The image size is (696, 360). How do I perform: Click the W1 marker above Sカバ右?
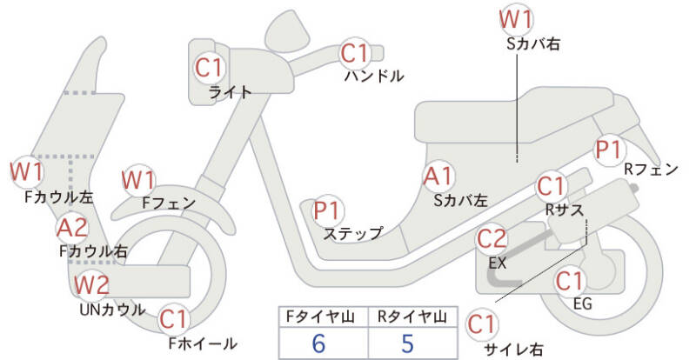pyautogui.click(x=517, y=19)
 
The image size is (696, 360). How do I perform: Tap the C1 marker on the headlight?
pyautogui.click(x=210, y=66)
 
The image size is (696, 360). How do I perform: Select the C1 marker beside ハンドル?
pyautogui.click(x=356, y=54)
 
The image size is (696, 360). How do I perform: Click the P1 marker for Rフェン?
pyautogui.click(x=608, y=149)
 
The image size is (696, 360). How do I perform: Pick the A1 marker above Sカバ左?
pyautogui.click(x=438, y=177)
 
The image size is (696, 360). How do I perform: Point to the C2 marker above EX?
pyautogui.click(x=492, y=239)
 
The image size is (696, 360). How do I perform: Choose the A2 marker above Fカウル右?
pyautogui.click(x=72, y=229)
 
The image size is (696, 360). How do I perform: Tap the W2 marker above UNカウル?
pyautogui.click(x=91, y=284)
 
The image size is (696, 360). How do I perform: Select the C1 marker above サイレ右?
pyautogui.click(x=483, y=325)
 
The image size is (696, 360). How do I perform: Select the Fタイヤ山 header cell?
pyautogui.click(x=318, y=317)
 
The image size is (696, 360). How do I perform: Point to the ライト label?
pyautogui.click(x=231, y=91)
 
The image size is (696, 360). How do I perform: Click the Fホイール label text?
pyautogui.click(x=201, y=343)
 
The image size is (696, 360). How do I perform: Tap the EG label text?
pyautogui.click(x=583, y=303)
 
